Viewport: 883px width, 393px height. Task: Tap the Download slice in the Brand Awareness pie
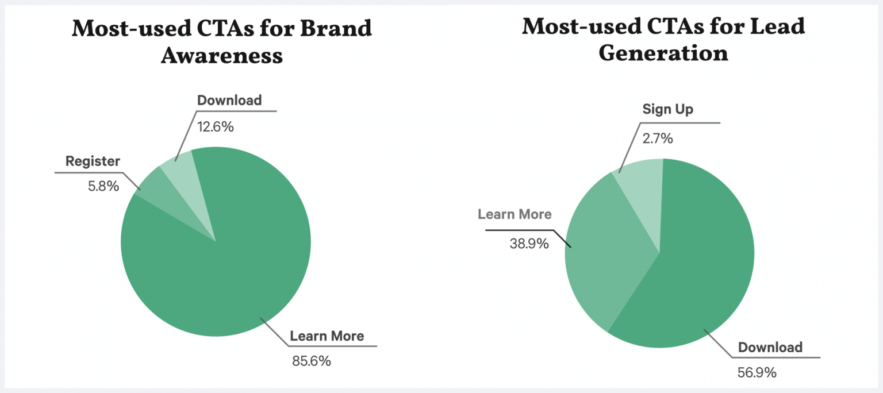point(177,167)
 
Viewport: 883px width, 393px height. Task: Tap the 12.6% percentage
point(216,126)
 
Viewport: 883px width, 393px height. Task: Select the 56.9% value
point(757,372)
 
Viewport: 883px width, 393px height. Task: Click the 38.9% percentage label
point(529,243)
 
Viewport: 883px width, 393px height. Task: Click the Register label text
point(93,161)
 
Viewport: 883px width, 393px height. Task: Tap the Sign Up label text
point(667,109)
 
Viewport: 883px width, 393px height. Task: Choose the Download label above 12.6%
point(229,101)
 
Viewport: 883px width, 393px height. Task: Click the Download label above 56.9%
point(770,347)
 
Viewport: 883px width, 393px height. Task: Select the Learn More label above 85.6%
point(327,336)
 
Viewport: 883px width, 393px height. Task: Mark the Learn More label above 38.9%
point(515,214)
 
